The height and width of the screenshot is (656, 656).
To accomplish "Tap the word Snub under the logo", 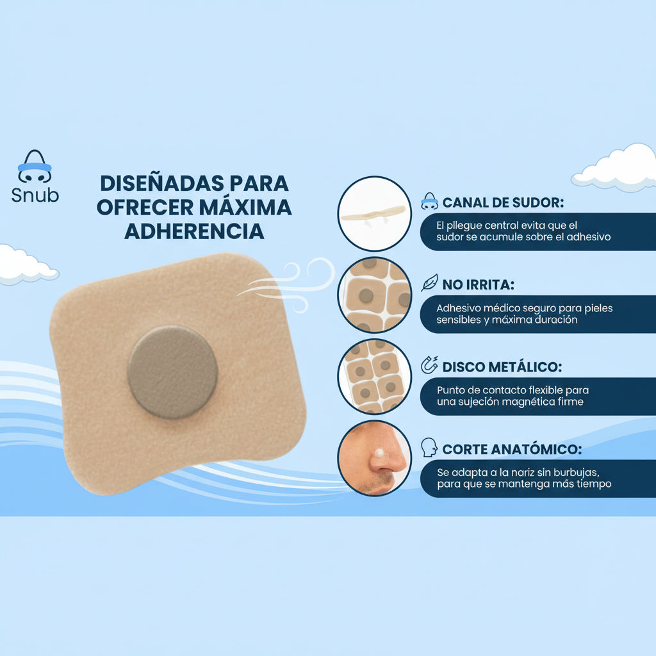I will (35, 195).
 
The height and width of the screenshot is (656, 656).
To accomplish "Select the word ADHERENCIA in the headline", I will (194, 231).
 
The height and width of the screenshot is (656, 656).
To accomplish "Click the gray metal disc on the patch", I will (172, 372).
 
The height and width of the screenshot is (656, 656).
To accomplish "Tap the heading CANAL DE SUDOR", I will (503, 203).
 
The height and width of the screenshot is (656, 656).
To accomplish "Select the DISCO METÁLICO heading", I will (502, 367).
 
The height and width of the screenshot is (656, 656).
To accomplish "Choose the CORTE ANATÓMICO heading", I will (512, 449).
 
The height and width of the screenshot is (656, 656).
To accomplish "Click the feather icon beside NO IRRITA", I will (429, 283).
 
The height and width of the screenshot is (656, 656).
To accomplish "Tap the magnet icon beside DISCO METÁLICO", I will (429, 366).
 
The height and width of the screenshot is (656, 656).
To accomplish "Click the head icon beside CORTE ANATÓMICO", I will (429, 447).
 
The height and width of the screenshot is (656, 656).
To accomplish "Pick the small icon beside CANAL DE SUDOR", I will (429, 202).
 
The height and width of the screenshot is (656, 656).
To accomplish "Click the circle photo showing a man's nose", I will (374, 457).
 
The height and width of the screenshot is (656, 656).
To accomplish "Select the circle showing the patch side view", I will (374, 213).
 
